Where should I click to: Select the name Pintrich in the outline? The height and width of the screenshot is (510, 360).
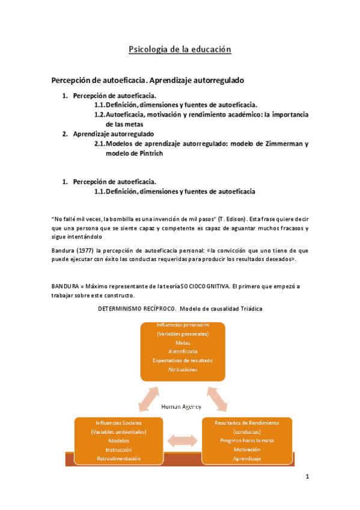coord(147,153)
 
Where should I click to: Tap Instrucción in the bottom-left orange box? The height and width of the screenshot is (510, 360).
coord(118,449)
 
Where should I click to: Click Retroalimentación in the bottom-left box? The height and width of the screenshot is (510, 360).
coord(118,458)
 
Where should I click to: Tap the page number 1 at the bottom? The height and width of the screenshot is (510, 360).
coord(307,478)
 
